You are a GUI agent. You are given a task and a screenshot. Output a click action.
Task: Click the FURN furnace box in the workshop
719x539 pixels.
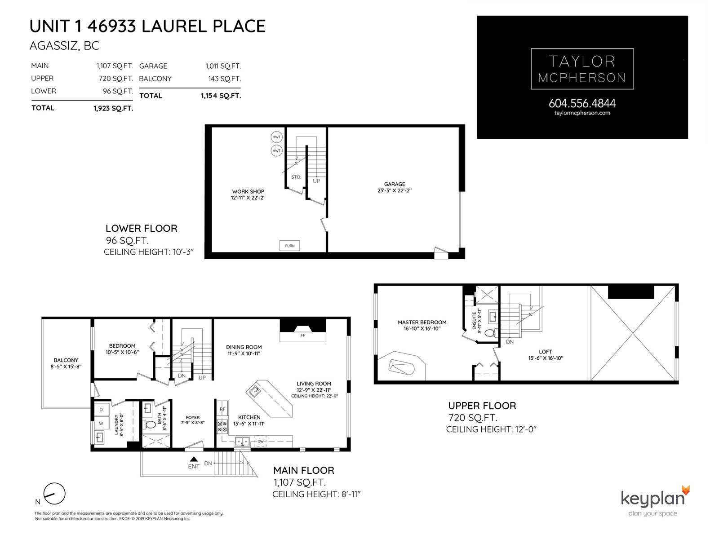point(289,245)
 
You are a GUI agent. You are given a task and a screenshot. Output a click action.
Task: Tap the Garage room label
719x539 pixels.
point(395,184)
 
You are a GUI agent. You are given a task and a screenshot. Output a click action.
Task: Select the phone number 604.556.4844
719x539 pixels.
point(582,103)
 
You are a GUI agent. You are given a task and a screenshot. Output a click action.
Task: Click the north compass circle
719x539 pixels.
point(54,494)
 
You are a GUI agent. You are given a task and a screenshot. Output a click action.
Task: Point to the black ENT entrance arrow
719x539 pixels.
point(194,459)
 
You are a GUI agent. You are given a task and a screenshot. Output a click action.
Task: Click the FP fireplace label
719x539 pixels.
point(303,336)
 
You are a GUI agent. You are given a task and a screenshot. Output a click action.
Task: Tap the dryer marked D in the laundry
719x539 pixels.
point(101,409)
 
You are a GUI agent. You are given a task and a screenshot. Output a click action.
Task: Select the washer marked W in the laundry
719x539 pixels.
point(101,423)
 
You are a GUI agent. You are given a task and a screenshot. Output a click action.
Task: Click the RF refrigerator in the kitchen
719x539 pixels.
point(222,409)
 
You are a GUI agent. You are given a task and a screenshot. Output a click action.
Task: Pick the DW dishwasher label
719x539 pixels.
point(260,442)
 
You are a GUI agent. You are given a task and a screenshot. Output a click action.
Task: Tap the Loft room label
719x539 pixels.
point(546,352)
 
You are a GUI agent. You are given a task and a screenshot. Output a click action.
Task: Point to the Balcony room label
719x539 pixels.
point(66,360)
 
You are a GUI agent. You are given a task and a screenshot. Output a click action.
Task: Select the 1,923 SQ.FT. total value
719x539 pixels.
point(113,108)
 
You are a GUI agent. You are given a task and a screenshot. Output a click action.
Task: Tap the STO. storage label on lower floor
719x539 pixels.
point(296,177)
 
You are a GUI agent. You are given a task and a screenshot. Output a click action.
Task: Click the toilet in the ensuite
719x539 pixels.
point(490,333)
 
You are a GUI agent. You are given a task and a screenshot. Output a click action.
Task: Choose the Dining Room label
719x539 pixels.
point(244,347)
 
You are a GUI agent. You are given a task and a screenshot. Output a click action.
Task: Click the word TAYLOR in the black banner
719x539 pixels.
point(582,62)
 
